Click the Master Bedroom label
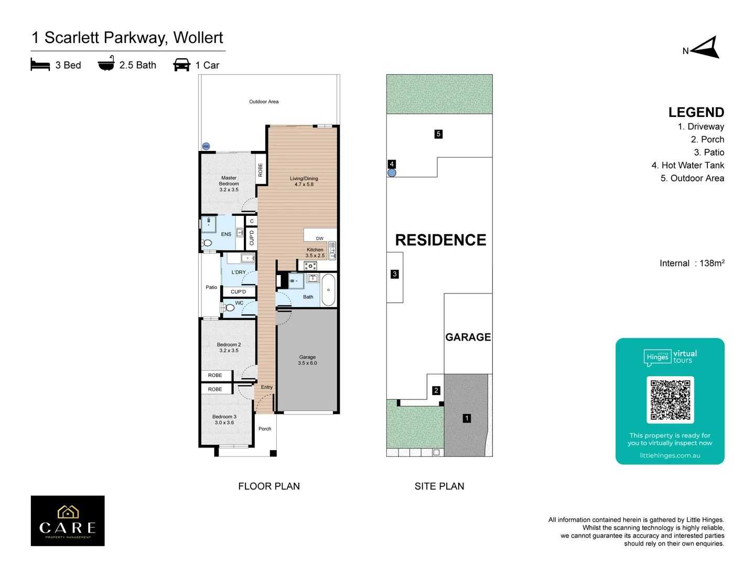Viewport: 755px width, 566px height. pos(229,184)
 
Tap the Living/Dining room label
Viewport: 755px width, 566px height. pos(304,181)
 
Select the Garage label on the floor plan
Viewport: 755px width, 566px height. pos(307,360)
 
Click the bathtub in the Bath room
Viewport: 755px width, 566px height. pos(328,290)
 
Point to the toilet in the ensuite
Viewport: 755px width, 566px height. pos(207,243)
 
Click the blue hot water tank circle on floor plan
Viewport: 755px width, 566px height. pos(206,146)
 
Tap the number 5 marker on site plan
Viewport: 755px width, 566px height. pos(438,134)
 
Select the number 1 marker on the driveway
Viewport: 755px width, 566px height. pos(467,418)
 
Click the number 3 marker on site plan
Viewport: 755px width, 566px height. pos(395,274)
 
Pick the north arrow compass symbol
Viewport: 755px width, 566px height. pos(706,48)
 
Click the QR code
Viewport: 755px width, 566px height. pos(670,400)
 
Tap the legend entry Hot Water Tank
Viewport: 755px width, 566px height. pos(687,166)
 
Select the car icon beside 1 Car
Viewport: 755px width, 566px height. pos(181,65)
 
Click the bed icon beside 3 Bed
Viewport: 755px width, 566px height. pos(40,65)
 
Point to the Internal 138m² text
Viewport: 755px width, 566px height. pos(692,263)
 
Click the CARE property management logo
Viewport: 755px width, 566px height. pos(68,521)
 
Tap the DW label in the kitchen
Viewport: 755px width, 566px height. pos(320,238)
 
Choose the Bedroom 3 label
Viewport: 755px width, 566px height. pos(224,420)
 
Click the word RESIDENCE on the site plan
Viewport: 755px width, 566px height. pos(440,240)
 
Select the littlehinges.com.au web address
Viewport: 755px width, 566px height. pos(670,455)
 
